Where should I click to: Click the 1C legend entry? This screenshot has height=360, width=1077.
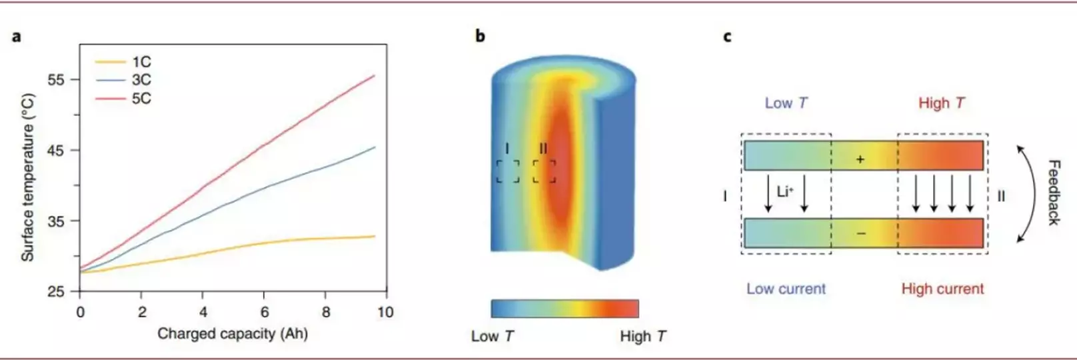(123, 62)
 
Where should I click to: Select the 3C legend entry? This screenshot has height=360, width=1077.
(123, 80)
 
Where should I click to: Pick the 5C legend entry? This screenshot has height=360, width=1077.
(123, 99)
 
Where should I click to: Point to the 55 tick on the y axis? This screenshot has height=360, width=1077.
(56, 80)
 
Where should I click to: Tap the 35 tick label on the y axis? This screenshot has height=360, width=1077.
(56, 221)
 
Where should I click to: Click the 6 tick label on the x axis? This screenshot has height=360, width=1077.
(265, 313)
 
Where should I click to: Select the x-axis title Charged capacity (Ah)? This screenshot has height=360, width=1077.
(233, 333)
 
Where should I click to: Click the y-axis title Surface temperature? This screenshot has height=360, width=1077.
(28, 178)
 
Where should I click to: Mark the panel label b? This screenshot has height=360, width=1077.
(480, 36)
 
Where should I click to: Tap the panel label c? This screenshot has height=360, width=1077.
(728, 37)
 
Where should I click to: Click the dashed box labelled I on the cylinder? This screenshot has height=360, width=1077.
(508, 171)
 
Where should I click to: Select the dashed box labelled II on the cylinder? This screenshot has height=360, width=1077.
(544, 171)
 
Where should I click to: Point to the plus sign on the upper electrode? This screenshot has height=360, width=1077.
(860, 159)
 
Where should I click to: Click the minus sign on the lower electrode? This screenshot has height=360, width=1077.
(861, 233)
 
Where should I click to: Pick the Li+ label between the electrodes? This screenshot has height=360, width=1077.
(785, 191)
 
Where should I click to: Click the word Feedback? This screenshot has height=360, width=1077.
(1053, 193)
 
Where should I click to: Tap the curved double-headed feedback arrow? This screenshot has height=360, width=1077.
(1035, 193)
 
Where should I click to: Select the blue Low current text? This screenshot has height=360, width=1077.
(786, 289)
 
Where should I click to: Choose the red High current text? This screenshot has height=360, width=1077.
(942, 289)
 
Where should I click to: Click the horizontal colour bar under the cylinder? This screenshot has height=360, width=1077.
(565, 309)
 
